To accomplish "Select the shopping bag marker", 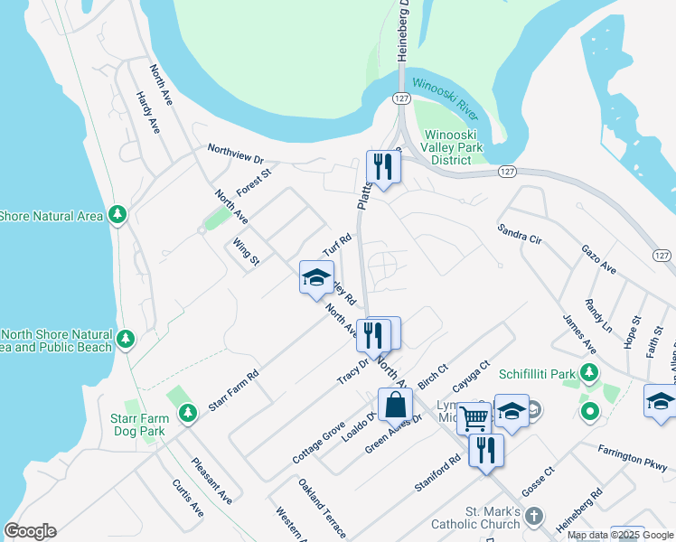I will (395, 405).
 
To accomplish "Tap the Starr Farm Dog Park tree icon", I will (187, 414).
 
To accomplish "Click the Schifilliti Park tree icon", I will (589, 371).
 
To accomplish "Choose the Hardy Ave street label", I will (147, 113).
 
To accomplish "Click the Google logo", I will (31, 531).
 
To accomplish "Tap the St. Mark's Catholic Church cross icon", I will (534, 517).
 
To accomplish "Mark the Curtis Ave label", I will (188, 498).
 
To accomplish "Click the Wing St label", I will (246, 251).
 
